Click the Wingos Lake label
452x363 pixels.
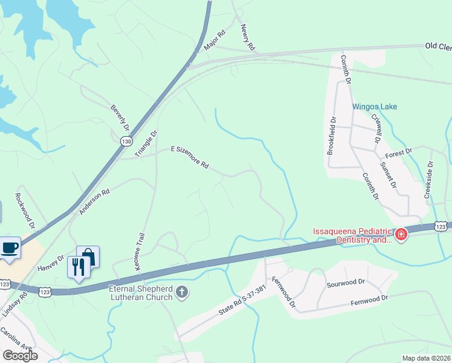click(x=375, y=106)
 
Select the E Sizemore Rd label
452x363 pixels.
click(x=190, y=156)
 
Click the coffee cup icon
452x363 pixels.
click(x=10, y=247)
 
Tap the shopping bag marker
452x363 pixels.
click(x=88, y=257)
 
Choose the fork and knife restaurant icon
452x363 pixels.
click(x=79, y=266)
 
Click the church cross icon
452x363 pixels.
click(x=181, y=293)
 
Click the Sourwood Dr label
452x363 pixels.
click(x=346, y=282)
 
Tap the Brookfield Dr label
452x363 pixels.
click(x=331, y=136)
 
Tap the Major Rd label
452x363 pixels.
click(x=214, y=41)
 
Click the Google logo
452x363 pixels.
click(x=21, y=355)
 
